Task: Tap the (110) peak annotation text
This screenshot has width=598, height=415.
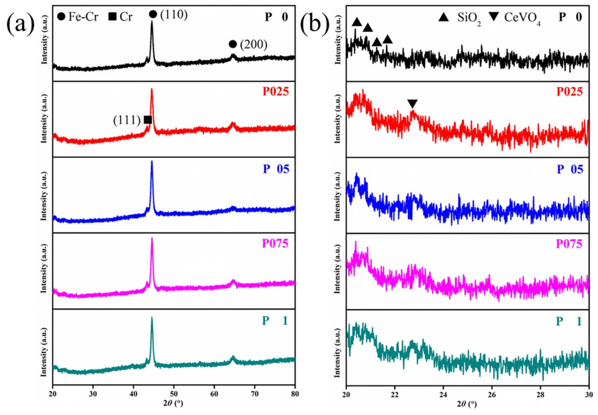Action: pos(174,15)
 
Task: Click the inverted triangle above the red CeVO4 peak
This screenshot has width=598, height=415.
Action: pos(412,104)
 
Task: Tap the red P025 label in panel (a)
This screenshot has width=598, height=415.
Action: pos(276,92)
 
